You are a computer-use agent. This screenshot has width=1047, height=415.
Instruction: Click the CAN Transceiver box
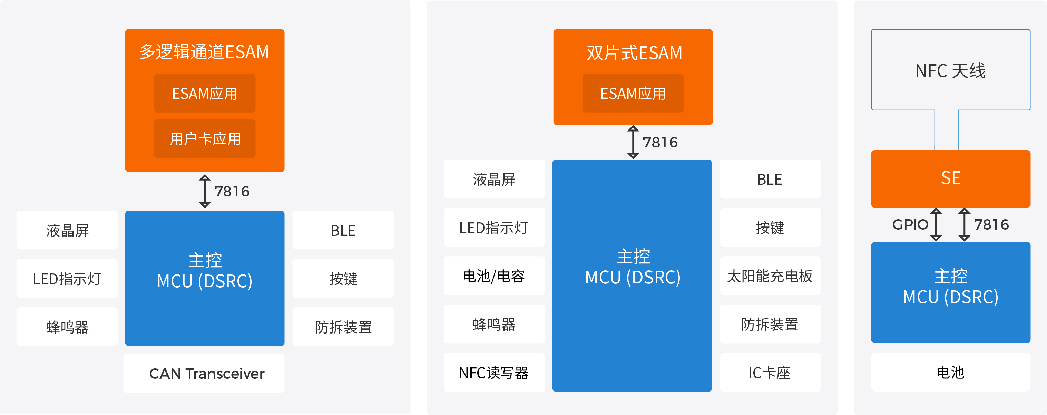click(204, 373)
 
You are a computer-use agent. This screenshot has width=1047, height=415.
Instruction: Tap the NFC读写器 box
click(494, 372)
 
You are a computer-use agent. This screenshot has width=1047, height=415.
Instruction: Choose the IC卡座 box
click(770, 372)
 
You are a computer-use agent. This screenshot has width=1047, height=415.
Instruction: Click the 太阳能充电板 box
click(770, 276)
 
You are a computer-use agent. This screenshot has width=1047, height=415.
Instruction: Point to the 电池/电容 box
click(494, 276)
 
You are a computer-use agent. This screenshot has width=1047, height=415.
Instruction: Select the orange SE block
click(951, 178)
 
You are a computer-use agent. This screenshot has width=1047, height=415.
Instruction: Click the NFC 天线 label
click(950, 71)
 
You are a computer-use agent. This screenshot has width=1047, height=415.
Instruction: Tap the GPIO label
click(910, 224)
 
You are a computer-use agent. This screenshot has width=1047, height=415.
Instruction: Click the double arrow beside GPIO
click(936, 224)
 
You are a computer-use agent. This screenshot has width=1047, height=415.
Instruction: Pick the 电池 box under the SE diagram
click(951, 372)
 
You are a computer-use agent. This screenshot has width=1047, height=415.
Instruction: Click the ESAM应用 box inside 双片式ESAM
click(633, 93)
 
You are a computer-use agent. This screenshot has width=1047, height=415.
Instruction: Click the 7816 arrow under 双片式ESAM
click(633, 142)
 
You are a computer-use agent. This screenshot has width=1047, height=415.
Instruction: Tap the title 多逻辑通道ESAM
click(204, 52)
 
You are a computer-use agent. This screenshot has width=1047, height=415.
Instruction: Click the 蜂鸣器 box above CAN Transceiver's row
click(67, 326)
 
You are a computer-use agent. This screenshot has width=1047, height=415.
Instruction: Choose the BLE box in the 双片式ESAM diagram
click(770, 179)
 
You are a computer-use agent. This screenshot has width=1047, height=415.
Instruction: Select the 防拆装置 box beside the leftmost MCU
click(343, 326)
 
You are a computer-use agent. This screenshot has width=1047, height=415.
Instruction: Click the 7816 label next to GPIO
click(991, 224)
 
